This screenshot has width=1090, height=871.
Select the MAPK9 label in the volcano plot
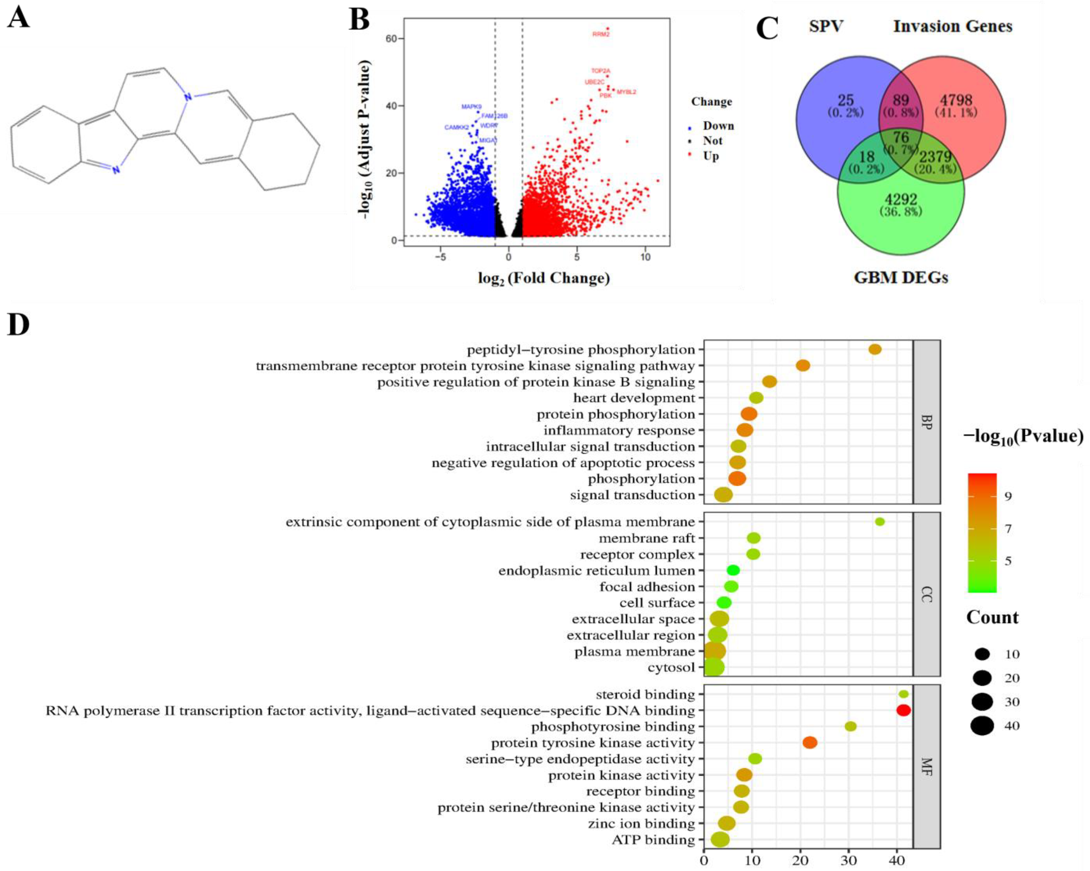pos(471,107)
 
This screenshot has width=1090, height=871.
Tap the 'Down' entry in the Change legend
pos(718,126)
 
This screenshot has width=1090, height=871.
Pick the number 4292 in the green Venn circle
pos(901,199)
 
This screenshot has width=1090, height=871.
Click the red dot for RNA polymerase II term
pos(903,710)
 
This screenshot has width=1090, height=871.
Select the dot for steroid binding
pos(903,694)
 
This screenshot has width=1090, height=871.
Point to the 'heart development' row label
pos(634,398)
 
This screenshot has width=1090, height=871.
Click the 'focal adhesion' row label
pos(647,587)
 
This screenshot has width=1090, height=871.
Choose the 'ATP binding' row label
pos(653,840)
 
